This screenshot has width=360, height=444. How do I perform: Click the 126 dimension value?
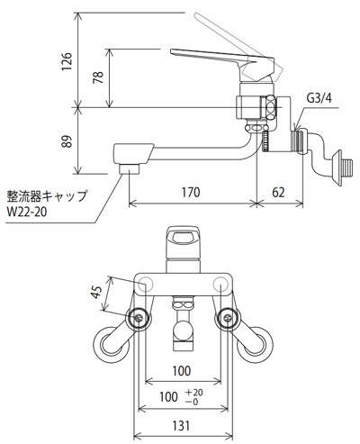67,61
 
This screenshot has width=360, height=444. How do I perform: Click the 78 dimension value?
98,77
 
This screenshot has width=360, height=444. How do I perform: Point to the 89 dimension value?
67,141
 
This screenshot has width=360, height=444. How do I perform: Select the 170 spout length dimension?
191,192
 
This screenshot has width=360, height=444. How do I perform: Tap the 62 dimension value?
278,192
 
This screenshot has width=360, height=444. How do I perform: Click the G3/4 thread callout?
319,98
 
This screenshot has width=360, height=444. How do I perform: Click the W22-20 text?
27,213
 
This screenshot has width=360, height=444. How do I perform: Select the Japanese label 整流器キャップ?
47,196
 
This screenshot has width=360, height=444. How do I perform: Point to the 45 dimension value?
97,292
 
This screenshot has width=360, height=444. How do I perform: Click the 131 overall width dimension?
181,425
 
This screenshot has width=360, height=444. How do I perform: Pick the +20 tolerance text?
194,392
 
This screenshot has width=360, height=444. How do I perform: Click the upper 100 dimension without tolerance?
182,371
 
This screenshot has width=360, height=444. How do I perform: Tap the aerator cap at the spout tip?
130,168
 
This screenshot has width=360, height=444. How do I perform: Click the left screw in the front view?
139,318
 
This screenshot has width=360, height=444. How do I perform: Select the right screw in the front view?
227,318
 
